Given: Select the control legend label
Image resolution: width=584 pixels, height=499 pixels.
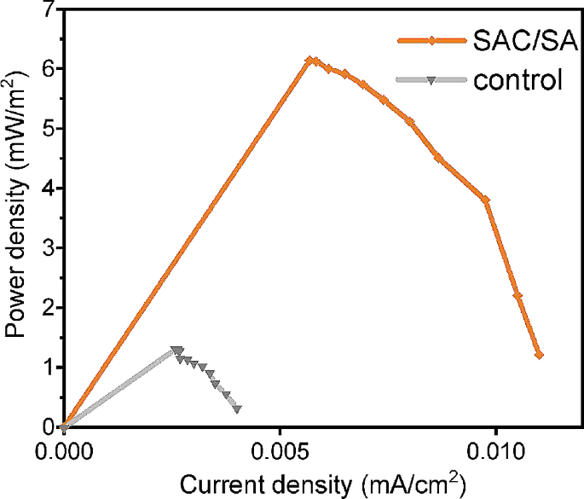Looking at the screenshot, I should click(x=518, y=81).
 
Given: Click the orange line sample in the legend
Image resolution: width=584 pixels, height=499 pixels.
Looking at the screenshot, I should click(x=431, y=40).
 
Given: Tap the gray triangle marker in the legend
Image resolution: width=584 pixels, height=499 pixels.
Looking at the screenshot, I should click(x=431, y=81).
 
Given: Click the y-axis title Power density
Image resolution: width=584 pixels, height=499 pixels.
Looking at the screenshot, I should click(x=17, y=218).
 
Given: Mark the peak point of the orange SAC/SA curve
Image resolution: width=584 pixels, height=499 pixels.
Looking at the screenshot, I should click(x=310, y=61).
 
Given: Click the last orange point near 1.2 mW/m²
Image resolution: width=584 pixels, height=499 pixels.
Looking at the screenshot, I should click(x=539, y=355).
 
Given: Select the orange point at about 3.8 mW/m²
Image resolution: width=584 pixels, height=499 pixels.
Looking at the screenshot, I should click(x=486, y=200).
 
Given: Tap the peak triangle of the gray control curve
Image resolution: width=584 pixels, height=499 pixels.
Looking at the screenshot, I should click(x=176, y=351).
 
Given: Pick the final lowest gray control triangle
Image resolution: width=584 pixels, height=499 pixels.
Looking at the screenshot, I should click(x=236, y=409).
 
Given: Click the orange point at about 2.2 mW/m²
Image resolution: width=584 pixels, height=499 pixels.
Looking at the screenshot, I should click(x=518, y=295).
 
